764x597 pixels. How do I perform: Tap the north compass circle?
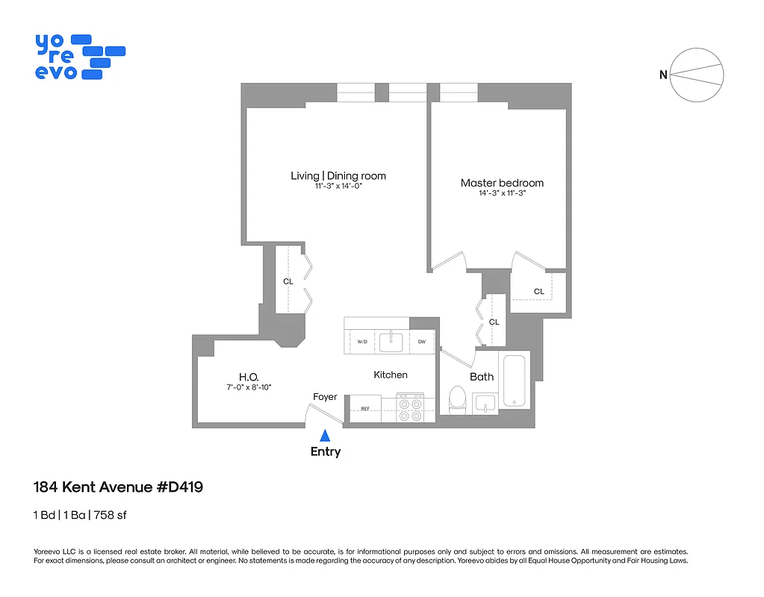[x=697, y=74]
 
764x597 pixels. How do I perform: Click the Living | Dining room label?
[x=338, y=176]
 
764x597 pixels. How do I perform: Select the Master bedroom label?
[x=502, y=183]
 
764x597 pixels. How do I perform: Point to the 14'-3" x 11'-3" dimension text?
[x=502, y=193]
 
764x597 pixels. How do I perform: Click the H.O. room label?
[x=249, y=377]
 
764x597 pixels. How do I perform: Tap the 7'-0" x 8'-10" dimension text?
[x=249, y=388]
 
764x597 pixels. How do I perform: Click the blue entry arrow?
[x=325, y=436]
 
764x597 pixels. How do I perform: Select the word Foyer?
[x=325, y=397]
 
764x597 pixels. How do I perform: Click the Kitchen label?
[x=390, y=375]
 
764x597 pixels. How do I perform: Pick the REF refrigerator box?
[x=366, y=408]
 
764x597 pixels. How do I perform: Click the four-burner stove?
[x=409, y=408]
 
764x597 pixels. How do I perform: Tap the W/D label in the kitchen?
[x=362, y=342]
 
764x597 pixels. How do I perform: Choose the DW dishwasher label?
[x=421, y=342]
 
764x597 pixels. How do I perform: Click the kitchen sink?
[x=391, y=342]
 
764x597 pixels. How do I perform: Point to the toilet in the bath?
[x=456, y=401]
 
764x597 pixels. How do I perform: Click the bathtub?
[x=515, y=381]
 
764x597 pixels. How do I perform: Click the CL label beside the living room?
[x=288, y=281]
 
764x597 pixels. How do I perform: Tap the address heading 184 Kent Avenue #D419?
[x=119, y=487]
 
